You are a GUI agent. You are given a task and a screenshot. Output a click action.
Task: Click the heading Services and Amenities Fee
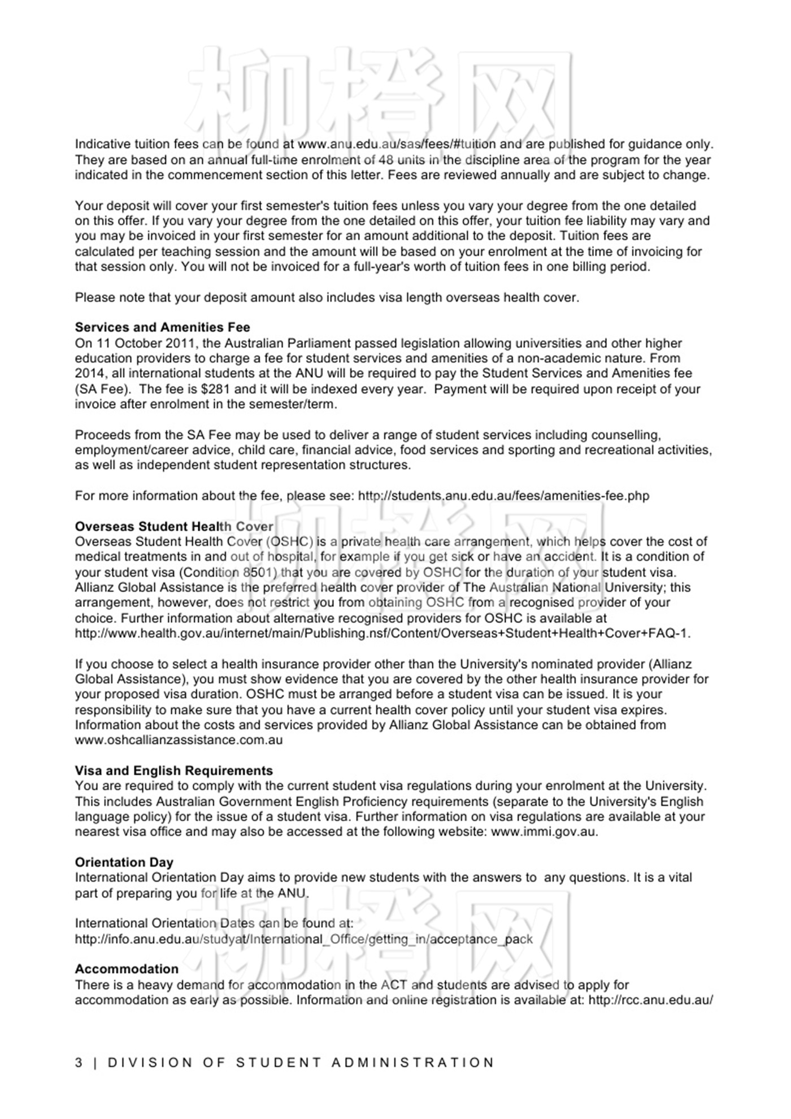point(162,327)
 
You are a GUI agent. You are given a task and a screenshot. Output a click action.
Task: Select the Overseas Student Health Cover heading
point(174,527)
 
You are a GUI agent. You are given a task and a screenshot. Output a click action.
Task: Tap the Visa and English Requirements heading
point(173,771)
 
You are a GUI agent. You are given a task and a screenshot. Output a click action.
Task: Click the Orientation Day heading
point(124,862)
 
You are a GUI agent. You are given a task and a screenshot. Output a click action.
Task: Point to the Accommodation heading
point(127,969)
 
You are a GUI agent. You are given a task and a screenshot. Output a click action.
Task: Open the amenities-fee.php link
point(503,496)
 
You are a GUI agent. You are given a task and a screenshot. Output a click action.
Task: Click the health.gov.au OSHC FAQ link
point(382,634)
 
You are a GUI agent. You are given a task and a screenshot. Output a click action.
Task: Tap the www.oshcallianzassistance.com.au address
point(179,740)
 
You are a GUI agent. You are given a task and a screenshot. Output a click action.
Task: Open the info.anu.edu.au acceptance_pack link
point(303,939)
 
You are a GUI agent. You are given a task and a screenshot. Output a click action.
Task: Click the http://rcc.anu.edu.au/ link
point(650,1000)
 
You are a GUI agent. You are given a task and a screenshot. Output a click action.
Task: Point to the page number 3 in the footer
point(79,1062)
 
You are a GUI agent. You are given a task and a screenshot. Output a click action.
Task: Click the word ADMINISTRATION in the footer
point(412,1062)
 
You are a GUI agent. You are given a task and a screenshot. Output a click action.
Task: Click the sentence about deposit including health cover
point(327,297)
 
